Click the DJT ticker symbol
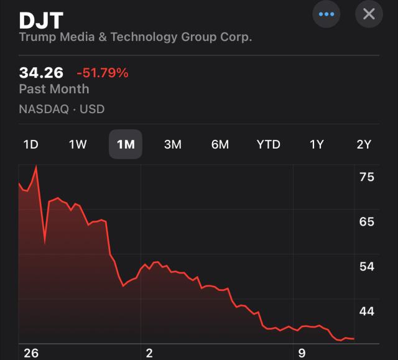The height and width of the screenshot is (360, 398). (x=41, y=20)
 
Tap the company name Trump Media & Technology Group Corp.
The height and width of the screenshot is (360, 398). (x=136, y=37)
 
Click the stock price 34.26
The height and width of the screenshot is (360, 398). (x=41, y=73)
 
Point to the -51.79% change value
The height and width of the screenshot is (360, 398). (x=103, y=73)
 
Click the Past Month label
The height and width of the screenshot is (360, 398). (x=53, y=89)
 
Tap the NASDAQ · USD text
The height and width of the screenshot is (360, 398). (x=62, y=109)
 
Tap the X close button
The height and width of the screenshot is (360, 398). (x=369, y=14)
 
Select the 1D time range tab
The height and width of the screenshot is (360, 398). (x=30, y=145)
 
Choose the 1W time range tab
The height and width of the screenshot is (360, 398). (x=78, y=145)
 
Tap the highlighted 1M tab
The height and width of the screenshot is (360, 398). (x=126, y=145)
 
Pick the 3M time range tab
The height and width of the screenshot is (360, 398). (x=172, y=145)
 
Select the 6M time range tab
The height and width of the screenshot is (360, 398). (x=220, y=145)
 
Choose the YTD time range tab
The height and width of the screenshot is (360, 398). (x=269, y=145)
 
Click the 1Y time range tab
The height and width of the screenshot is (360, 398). (x=317, y=145)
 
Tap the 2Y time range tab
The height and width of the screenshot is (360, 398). (x=364, y=145)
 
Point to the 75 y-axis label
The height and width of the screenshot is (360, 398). (x=367, y=177)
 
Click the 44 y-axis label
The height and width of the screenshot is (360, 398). (x=367, y=311)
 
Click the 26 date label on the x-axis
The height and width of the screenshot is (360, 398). (x=30, y=353)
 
